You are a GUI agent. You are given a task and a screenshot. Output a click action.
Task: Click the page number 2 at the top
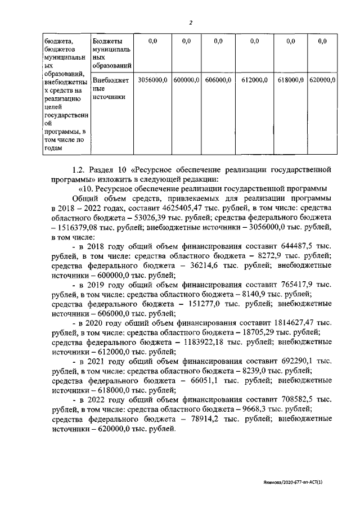coord(191,22)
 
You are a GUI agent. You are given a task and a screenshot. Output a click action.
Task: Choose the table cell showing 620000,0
coord(322,80)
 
